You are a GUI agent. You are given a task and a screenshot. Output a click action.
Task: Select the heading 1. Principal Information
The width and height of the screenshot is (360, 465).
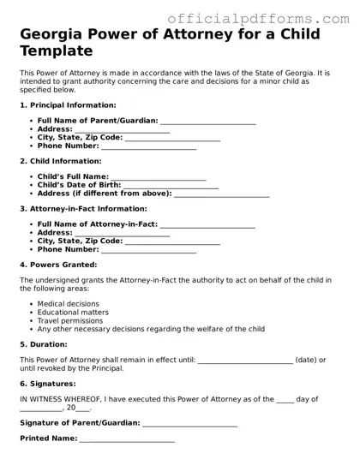tap(68, 104)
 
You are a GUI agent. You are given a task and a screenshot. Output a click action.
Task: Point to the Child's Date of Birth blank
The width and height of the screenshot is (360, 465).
tap(171, 186)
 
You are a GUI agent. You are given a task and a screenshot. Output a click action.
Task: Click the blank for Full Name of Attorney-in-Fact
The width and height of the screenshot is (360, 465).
tap(208, 224)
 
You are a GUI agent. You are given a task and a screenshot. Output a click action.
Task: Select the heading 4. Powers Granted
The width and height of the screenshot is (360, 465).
tap(57, 265)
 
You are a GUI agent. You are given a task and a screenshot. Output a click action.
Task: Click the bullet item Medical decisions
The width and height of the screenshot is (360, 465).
tap(69, 304)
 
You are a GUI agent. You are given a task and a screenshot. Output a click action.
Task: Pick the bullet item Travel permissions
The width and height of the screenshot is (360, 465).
tap(70, 320)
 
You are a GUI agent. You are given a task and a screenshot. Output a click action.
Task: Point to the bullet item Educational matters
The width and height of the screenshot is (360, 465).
tap(73, 313)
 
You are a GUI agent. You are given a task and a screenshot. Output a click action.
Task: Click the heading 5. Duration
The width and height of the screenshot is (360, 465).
tap(47, 343)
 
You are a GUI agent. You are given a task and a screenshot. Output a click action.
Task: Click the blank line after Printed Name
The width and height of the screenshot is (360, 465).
tap(127, 438)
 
